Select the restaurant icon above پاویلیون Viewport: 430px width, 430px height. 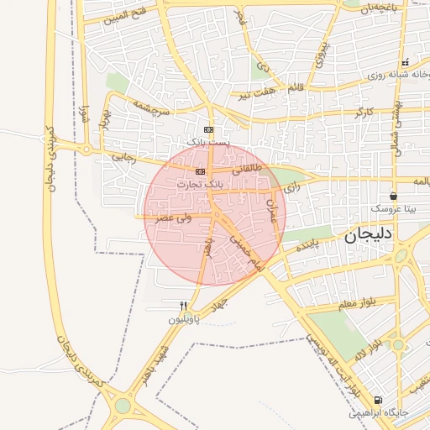tap(184, 306)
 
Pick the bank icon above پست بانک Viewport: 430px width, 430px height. tap(208, 130)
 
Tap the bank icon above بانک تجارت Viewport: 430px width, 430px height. tap(199, 171)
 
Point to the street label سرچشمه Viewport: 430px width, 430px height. tap(149, 110)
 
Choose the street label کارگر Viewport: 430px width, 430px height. tap(361, 111)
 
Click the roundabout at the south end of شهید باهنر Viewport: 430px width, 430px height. tap(123, 406)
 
